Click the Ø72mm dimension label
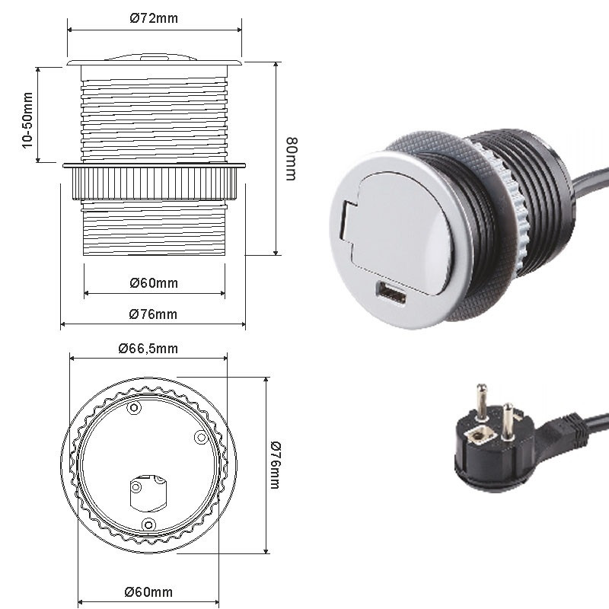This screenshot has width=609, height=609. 154,18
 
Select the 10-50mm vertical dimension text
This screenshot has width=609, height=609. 27,120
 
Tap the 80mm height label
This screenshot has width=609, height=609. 292,159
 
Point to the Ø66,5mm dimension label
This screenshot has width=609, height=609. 148,349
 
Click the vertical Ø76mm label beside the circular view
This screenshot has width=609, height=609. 275,465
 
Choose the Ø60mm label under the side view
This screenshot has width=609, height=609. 154,282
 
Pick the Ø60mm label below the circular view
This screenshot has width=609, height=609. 148,592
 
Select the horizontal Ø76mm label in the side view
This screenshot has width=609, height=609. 153,314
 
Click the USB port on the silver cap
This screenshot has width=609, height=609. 391,293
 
